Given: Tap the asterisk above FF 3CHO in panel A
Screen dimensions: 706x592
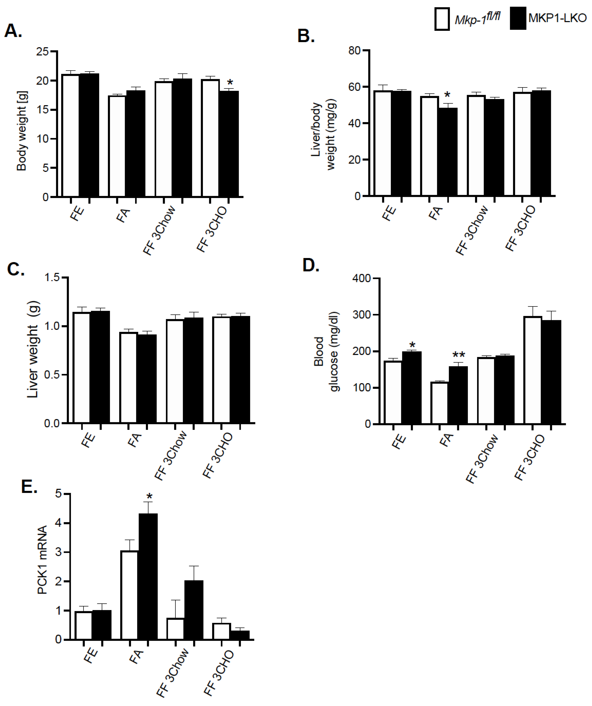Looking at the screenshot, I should coord(230,82).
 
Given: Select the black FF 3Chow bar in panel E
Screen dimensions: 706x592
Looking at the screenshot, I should coord(194,610).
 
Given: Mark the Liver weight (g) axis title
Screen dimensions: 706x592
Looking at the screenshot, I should coord(33,350).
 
